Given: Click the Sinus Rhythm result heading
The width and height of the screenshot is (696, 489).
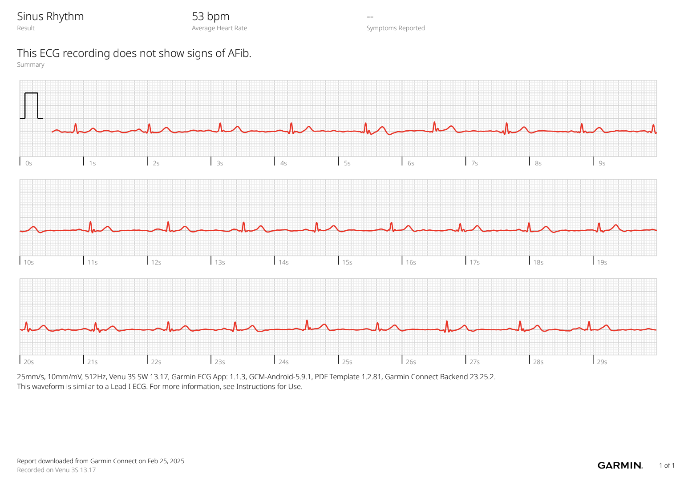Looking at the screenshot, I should (x=50, y=16).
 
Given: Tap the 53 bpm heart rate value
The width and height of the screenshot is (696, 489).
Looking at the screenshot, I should (x=210, y=16).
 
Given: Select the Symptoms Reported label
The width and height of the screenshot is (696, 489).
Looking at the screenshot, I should (x=395, y=28).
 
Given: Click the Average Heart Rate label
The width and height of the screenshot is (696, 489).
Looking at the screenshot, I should (x=219, y=28).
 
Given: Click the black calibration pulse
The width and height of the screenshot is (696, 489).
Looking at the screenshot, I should (x=31, y=105).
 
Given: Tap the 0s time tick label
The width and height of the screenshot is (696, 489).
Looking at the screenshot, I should (x=28, y=163).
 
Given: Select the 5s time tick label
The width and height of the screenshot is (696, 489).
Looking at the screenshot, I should (x=347, y=163).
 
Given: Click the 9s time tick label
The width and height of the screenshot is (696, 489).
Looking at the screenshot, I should (x=602, y=163).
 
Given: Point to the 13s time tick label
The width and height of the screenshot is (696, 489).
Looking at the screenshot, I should (x=220, y=262).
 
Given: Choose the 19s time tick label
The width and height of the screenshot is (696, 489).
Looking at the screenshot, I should (x=602, y=262).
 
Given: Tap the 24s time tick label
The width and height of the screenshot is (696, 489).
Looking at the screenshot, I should (x=283, y=362).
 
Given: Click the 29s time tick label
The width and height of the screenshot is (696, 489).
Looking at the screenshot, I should (x=602, y=362).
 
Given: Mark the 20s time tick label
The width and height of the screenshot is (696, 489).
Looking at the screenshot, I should (x=28, y=362).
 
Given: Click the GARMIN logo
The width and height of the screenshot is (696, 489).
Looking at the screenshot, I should (x=620, y=465).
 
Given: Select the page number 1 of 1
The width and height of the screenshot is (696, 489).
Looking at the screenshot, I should (x=667, y=465).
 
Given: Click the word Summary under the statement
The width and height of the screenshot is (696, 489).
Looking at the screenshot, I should (x=31, y=64).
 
